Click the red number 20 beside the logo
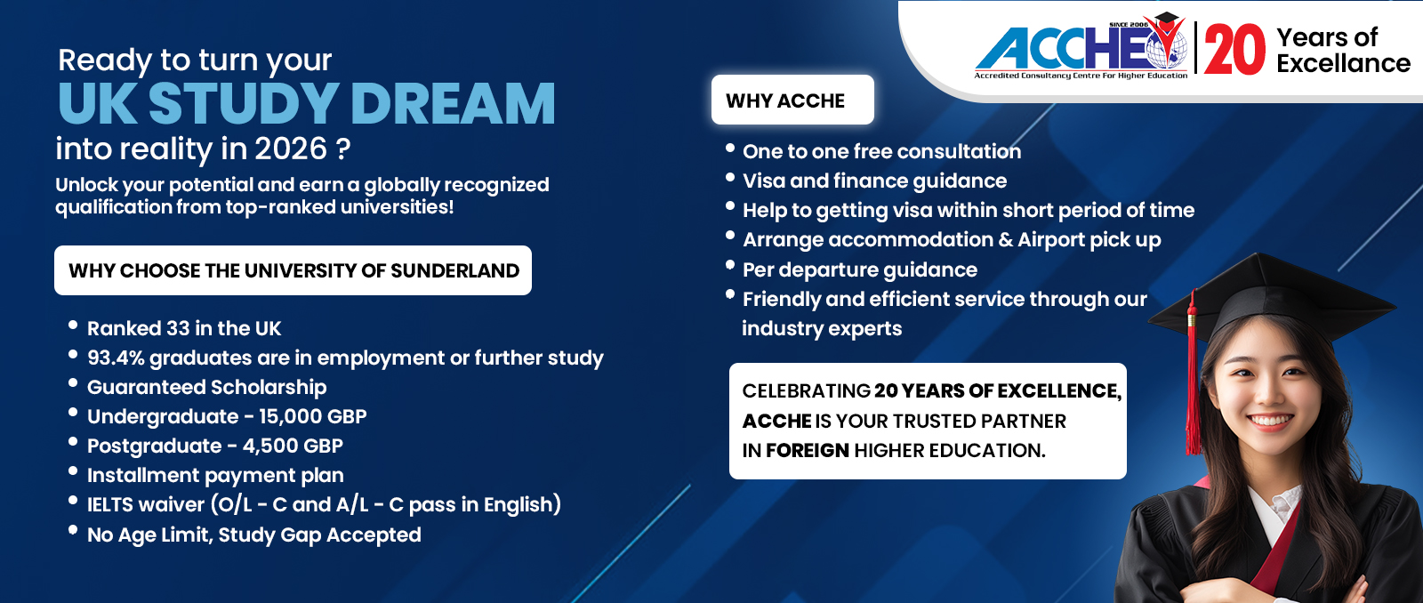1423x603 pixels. coord(1235,50)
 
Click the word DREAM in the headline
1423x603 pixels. coord(453,103)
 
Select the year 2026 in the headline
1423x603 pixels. coord(290,149)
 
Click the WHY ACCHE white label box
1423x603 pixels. coord(792,100)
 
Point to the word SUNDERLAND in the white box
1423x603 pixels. coord(454,270)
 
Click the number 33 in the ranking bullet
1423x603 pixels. coord(178,328)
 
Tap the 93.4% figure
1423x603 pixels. coord(116,358)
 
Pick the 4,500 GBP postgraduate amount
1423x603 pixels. coord(293,446)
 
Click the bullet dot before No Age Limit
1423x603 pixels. coord(73,530)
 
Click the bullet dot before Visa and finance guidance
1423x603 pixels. coord(730,177)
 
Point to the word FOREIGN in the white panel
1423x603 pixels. coord(808,451)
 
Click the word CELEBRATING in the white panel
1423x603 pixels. coord(806,390)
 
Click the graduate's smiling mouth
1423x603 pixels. coord(1269,420)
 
